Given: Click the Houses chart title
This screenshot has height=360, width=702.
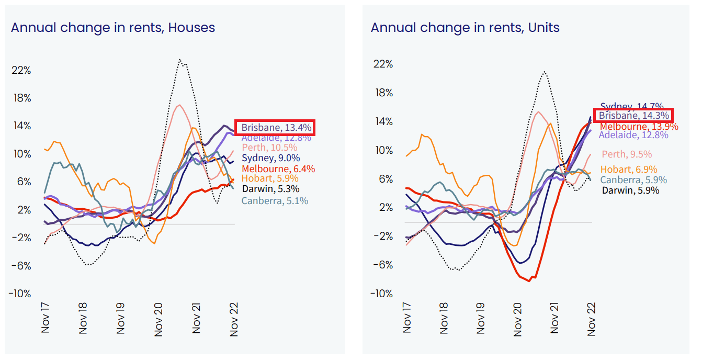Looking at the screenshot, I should tap(113, 28).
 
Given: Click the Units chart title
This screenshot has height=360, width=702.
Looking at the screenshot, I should tap(465, 28).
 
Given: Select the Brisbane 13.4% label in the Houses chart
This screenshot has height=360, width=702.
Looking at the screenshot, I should tap(276, 127).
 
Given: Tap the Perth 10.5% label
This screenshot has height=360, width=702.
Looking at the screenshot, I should tap(269, 148).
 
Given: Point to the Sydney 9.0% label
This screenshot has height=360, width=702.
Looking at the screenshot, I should tap(270, 158).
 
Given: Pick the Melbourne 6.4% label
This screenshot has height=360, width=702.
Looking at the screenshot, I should tap(270, 168).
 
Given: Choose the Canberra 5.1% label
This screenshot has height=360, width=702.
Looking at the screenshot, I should tap(275, 200).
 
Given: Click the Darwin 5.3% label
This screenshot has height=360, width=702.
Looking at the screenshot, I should tap(270, 189).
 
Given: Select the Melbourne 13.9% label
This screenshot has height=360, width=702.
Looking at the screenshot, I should tap(639, 126).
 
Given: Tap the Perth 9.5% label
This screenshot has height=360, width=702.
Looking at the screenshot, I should tap(626, 154).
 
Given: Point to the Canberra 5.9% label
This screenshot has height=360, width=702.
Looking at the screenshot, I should tap(633, 180).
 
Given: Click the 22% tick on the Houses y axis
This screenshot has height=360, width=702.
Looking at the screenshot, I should tap(21, 70).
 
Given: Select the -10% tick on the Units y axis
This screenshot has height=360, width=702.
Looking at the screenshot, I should tap(382, 293).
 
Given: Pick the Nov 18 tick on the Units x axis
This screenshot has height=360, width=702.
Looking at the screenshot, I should tap(445, 318).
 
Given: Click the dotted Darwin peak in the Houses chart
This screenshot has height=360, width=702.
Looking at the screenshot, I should tap(180, 60).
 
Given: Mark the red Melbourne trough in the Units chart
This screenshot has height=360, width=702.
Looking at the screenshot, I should tap(529, 281).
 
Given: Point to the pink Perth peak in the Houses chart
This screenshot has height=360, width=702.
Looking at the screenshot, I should tap(179, 105).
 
